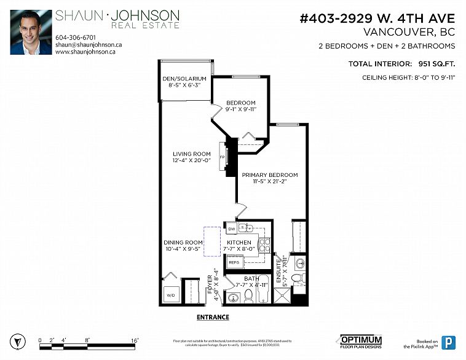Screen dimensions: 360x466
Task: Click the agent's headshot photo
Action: coord(31,32)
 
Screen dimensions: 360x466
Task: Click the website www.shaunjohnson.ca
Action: coord(85,52)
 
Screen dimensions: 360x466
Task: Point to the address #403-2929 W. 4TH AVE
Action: coord(377,18)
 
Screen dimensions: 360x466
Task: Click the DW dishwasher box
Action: coord(232,229)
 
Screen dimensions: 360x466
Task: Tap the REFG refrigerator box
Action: coord(234,262)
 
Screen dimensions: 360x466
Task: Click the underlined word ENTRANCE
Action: coord(213,318)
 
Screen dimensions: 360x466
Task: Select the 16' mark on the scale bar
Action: coord(134,340)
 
